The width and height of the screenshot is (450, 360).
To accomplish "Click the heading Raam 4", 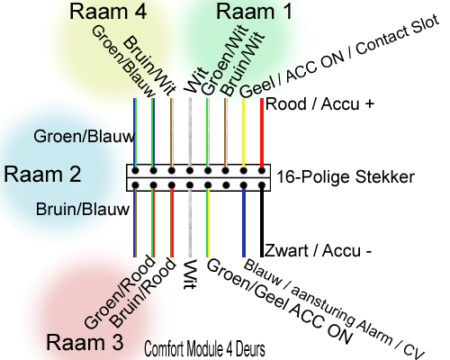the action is (x=108, y=12).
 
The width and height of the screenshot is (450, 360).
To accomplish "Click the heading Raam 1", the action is (x=254, y=12).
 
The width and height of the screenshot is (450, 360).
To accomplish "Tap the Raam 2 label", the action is (x=42, y=175).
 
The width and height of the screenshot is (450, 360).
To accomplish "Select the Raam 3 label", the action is (x=85, y=342).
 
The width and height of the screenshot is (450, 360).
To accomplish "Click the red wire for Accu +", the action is (x=262, y=132).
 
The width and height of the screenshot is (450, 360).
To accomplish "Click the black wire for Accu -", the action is (x=262, y=222).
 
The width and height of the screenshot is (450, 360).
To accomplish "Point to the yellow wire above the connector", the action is (x=243, y=132).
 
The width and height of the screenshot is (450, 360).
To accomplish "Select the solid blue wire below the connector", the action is (x=244, y=222).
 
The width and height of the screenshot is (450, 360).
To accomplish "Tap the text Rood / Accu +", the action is (x=319, y=104).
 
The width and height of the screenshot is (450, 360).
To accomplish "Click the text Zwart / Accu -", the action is (x=318, y=250).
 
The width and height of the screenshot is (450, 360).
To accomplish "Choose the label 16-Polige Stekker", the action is (x=346, y=176).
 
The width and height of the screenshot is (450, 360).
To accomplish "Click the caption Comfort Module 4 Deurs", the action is (x=204, y=349).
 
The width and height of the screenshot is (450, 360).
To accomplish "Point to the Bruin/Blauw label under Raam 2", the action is (x=83, y=209).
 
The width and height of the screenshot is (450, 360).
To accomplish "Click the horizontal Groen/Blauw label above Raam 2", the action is (x=85, y=137).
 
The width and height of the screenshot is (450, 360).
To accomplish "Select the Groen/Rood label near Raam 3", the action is (x=120, y=292).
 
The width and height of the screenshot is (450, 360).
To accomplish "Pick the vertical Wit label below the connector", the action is (x=190, y=274).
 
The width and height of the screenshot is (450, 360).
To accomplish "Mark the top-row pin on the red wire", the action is (x=262, y=171).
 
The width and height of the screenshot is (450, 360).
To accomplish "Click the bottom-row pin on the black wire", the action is (x=262, y=184).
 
